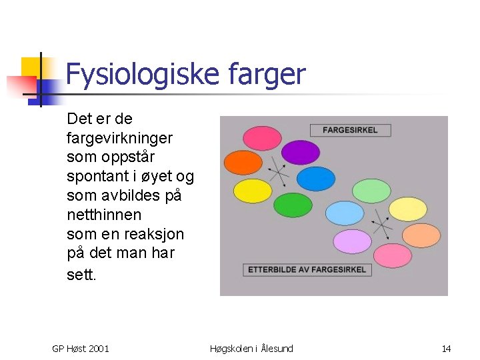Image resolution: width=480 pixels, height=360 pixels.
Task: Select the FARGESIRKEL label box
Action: pyautogui.click(x=350, y=130)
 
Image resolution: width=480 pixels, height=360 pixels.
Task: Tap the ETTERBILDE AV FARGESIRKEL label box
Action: pyautogui.click(x=307, y=269)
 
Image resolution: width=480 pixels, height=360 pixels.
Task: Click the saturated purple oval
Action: pyautogui.click(x=301, y=153)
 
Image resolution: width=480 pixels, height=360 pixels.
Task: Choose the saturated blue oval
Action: pyautogui.click(x=316, y=179)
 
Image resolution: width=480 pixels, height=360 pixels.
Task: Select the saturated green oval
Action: pyautogui.click(x=293, y=205)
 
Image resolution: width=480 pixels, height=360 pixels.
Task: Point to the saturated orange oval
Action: pyautogui.click(x=243, y=163)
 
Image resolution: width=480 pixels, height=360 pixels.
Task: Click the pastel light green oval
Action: pyautogui.click(x=371, y=191)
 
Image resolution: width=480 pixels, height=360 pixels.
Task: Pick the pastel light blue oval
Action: pyautogui.click(x=344, y=214)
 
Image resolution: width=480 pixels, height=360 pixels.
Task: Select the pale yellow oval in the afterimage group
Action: pyautogui.click(x=407, y=209)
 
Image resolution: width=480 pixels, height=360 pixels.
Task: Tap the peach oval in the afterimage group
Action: pyautogui.click(x=421, y=235)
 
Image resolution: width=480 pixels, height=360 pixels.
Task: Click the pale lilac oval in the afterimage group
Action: pyautogui.click(x=352, y=241)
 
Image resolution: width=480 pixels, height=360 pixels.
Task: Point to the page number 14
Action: pyautogui.click(x=446, y=349)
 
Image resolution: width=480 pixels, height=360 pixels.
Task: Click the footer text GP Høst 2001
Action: pyautogui.click(x=81, y=349)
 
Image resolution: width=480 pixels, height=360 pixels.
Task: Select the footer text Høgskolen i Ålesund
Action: pyautogui.click(x=251, y=349)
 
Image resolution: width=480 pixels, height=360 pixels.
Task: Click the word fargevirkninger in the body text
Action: pyautogui.click(x=119, y=138)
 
